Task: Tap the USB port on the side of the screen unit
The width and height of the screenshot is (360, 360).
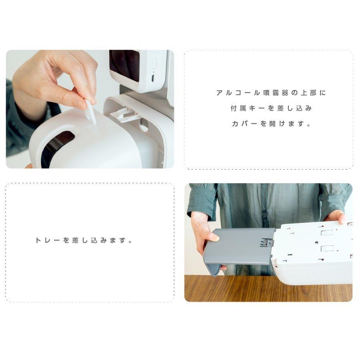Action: [x=153, y=77]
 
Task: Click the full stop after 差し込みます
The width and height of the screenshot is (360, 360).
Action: [x=131, y=242]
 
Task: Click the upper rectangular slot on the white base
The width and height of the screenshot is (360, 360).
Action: [x=327, y=233]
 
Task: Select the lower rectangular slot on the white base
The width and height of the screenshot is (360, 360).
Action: [x=327, y=248]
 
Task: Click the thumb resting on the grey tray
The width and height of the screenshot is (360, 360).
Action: [x=213, y=237]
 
